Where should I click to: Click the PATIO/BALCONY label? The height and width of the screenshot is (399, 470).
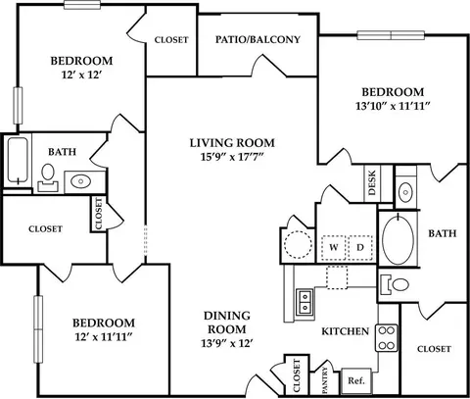(258, 39)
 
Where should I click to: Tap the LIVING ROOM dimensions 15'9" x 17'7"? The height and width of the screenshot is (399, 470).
(232, 157)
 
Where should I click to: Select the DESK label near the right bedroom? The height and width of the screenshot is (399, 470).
(372, 182)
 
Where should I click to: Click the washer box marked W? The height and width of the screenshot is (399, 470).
(334, 247)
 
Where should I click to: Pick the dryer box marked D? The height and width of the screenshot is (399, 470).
(360, 247)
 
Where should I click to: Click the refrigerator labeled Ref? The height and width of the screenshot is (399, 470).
(356, 380)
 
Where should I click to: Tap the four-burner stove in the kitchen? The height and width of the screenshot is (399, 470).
(387, 337)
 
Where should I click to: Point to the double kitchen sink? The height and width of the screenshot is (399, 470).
(305, 302)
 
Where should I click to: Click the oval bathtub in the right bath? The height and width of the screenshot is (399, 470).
(398, 239)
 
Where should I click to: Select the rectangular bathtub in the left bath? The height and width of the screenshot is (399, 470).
(18, 160)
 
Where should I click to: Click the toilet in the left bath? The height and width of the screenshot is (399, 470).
(48, 177)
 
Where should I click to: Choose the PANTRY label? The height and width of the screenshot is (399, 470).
(325, 380)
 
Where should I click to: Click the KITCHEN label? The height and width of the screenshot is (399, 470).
(346, 331)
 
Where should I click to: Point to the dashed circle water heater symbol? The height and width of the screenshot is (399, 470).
(298, 245)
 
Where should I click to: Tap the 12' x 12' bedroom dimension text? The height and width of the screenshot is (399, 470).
(82, 75)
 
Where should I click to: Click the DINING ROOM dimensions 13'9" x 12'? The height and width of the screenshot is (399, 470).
(227, 343)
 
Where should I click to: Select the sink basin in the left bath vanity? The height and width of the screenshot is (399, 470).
(81, 181)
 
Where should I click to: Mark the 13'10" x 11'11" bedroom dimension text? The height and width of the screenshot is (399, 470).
(393, 106)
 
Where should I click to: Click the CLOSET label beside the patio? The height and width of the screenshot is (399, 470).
(171, 40)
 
